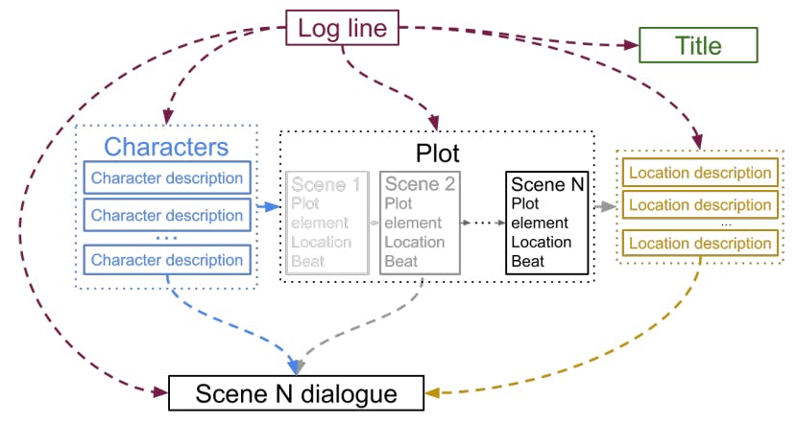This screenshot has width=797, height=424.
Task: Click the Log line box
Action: pos(343,28)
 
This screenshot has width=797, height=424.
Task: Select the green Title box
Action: pos(698,45)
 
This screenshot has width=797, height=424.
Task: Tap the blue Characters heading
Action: pos(166,147)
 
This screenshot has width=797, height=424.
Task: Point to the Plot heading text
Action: pos(437,153)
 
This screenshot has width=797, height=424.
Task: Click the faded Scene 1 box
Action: pos(326,223)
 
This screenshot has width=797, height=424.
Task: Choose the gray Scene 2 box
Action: pos(420,223)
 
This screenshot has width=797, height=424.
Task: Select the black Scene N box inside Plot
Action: pos(547,223)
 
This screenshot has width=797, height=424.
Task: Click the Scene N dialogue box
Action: pos(296,393)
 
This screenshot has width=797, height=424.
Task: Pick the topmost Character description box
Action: pos(167,178)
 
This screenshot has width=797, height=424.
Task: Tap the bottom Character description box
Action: pos(167,260)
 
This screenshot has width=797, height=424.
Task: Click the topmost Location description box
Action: pos(698,174)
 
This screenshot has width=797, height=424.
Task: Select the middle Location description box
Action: pos(698,205)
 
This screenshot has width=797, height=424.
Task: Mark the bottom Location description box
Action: pos(698,244)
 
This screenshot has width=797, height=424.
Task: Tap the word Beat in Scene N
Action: pos(528,261)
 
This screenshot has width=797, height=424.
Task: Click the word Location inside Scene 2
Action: pos(414,243)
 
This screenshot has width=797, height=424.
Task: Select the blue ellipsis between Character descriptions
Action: pos(166,235)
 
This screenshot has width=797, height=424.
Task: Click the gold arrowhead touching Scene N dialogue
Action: pos(434,392)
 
